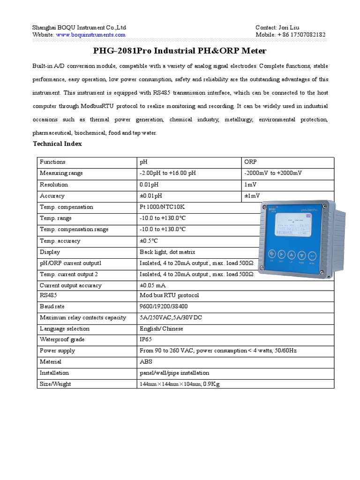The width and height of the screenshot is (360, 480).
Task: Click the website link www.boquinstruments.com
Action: tap(90, 35)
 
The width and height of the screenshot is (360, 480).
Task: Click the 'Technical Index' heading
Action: tap(57, 144)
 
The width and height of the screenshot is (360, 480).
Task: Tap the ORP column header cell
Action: tap(250, 162)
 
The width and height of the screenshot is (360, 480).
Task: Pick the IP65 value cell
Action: tap(145, 339)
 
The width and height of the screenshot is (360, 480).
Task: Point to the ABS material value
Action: tap(146, 362)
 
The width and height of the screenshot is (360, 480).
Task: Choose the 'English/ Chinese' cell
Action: tap(161, 329)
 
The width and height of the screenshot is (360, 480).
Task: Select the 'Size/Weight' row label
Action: tap(55, 384)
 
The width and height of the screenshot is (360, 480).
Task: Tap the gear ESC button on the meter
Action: tap(270, 255)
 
